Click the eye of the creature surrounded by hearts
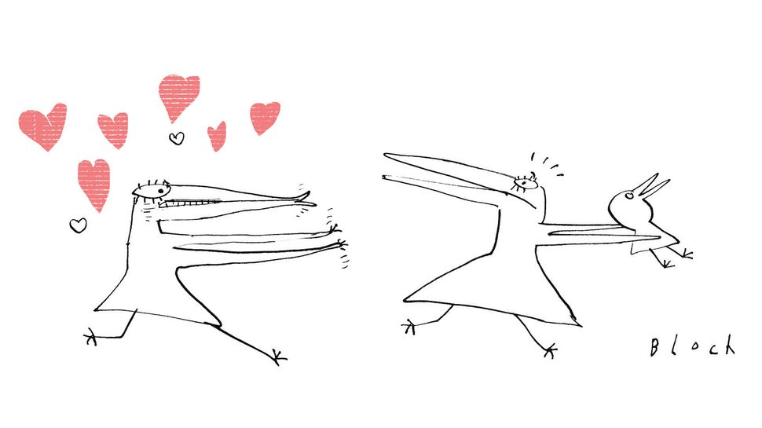(151, 190)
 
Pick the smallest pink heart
(218, 136)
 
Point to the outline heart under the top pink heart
(177, 138)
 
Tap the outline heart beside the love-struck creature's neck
(78, 225)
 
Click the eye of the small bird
(628, 196)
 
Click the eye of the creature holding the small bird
(524, 184)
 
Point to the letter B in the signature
(654, 347)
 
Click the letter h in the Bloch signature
(728, 345)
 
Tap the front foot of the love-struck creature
(279, 357)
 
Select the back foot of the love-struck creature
(91, 335)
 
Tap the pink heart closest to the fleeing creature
(265, 118)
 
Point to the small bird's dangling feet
(676, 258)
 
